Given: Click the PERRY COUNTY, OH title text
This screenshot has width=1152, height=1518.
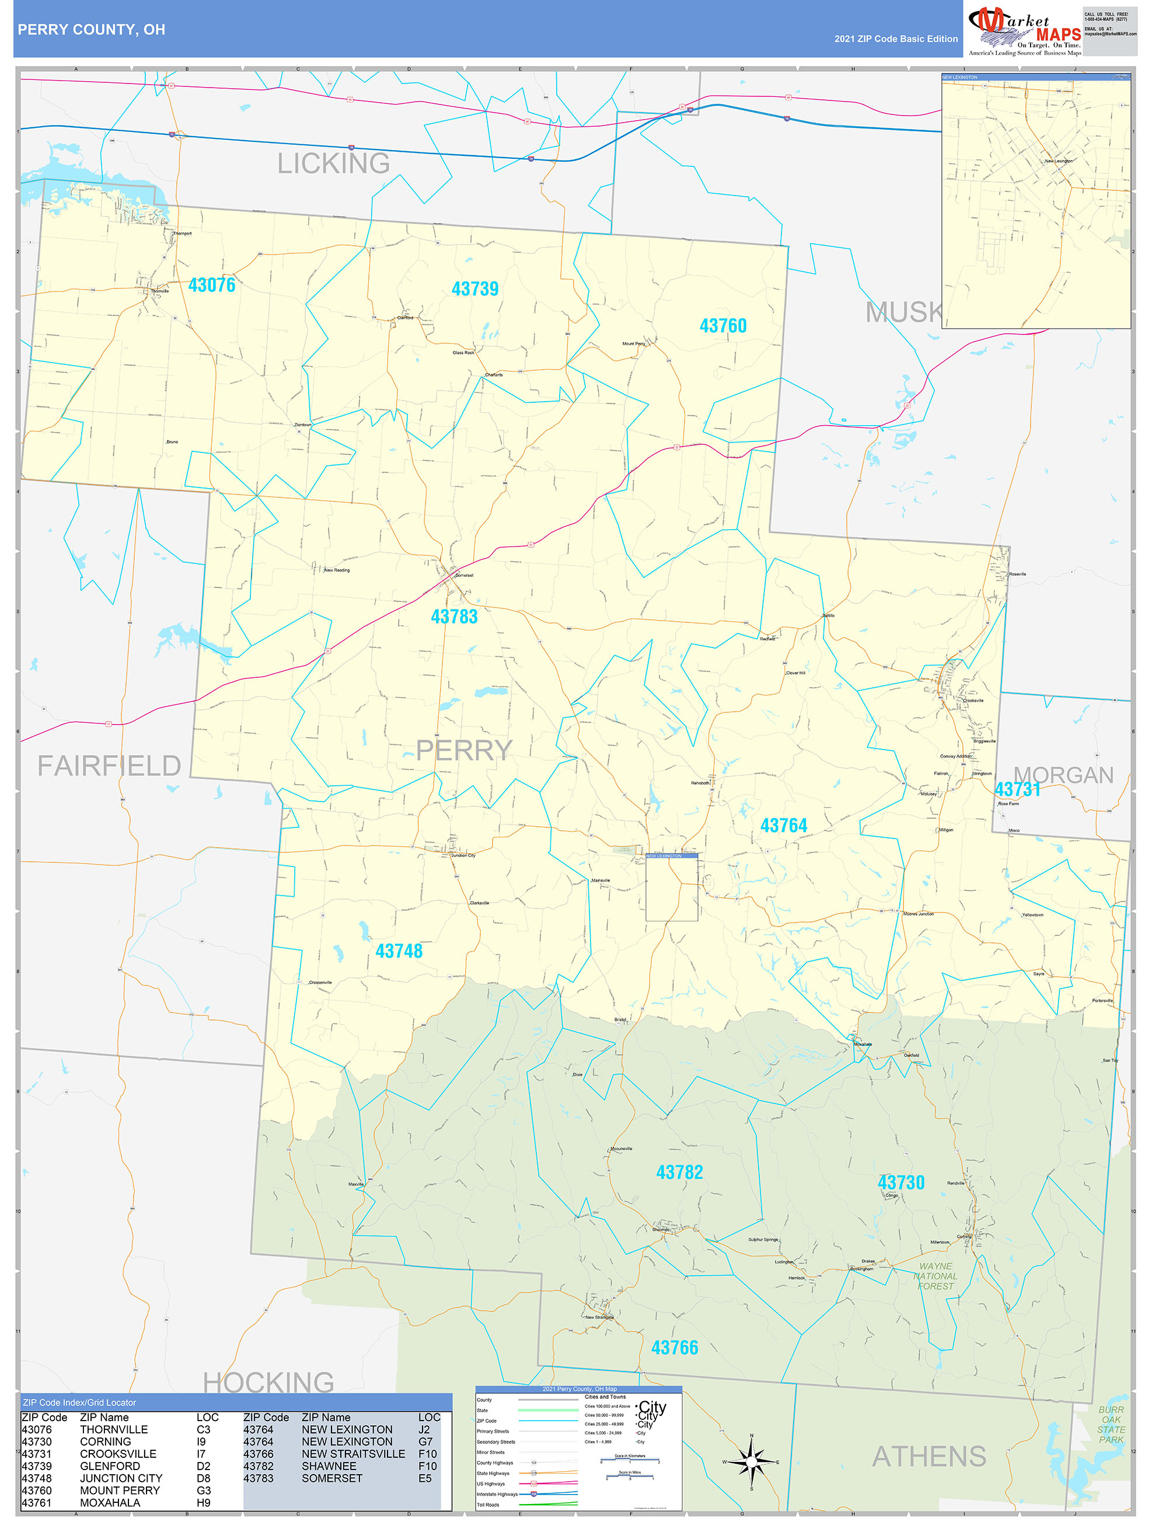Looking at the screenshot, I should pos(91,30).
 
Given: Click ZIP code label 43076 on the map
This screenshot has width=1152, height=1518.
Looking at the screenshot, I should pos(211,285).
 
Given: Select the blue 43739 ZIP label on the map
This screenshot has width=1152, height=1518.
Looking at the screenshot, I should pos(475,289).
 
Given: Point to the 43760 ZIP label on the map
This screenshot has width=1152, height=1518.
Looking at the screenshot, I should pos(722,326).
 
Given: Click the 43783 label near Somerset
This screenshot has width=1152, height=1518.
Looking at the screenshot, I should pos(453,617).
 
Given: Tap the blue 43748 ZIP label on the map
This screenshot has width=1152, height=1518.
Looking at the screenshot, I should pos(399,951).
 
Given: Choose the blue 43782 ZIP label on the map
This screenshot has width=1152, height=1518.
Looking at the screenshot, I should pos(679,1172).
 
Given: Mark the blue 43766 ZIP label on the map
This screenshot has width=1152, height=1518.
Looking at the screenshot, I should pos(675,1348).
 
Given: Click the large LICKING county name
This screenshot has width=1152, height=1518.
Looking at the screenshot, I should pos(333,163).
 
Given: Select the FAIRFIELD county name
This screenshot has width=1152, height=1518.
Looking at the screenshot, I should pos(109,765).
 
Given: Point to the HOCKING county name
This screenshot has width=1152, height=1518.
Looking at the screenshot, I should pos(268,1382).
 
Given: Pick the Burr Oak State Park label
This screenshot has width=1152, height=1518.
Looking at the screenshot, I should pos(1111,1425).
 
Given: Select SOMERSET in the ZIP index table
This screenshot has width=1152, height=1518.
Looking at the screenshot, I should pos(332,1478).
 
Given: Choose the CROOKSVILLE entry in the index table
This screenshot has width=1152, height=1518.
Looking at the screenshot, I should pos(118,1454).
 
